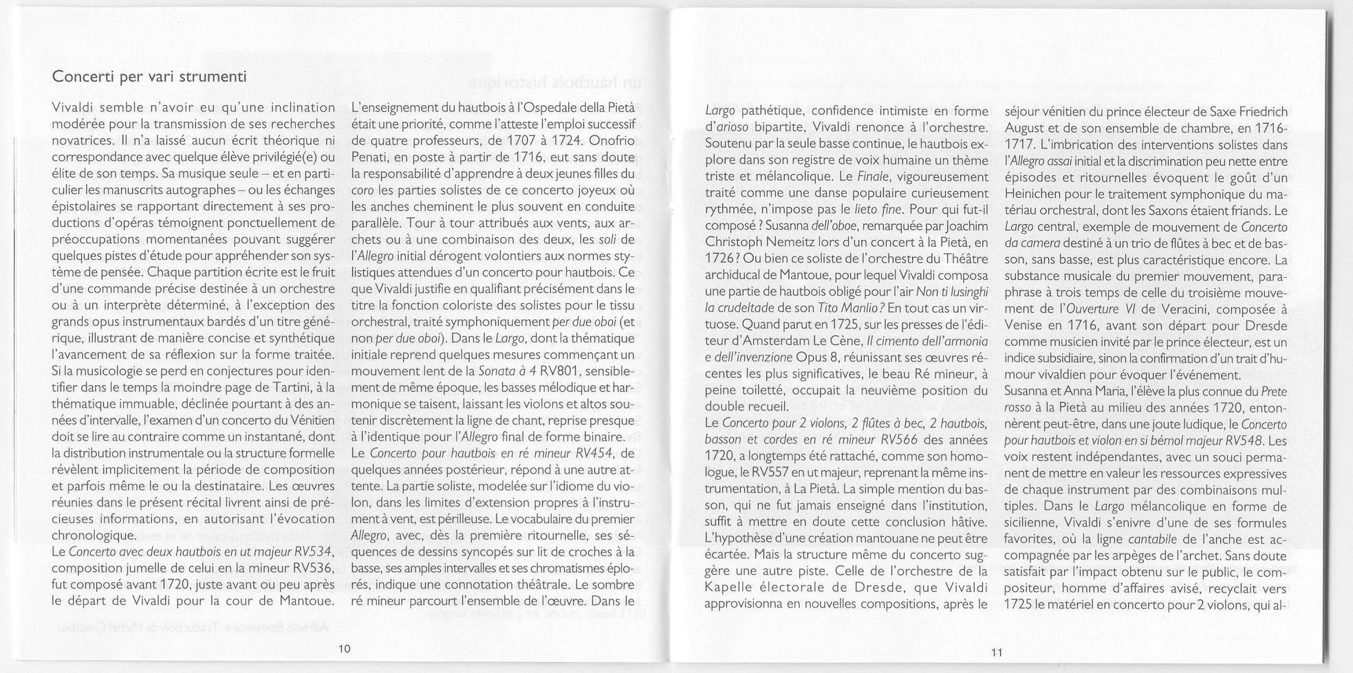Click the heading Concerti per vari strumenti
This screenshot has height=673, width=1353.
149,77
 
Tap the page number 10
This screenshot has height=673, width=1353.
345,648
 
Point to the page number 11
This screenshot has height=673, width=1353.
997,652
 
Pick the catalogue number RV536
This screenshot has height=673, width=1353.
314,568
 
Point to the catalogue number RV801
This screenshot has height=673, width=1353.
562,371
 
